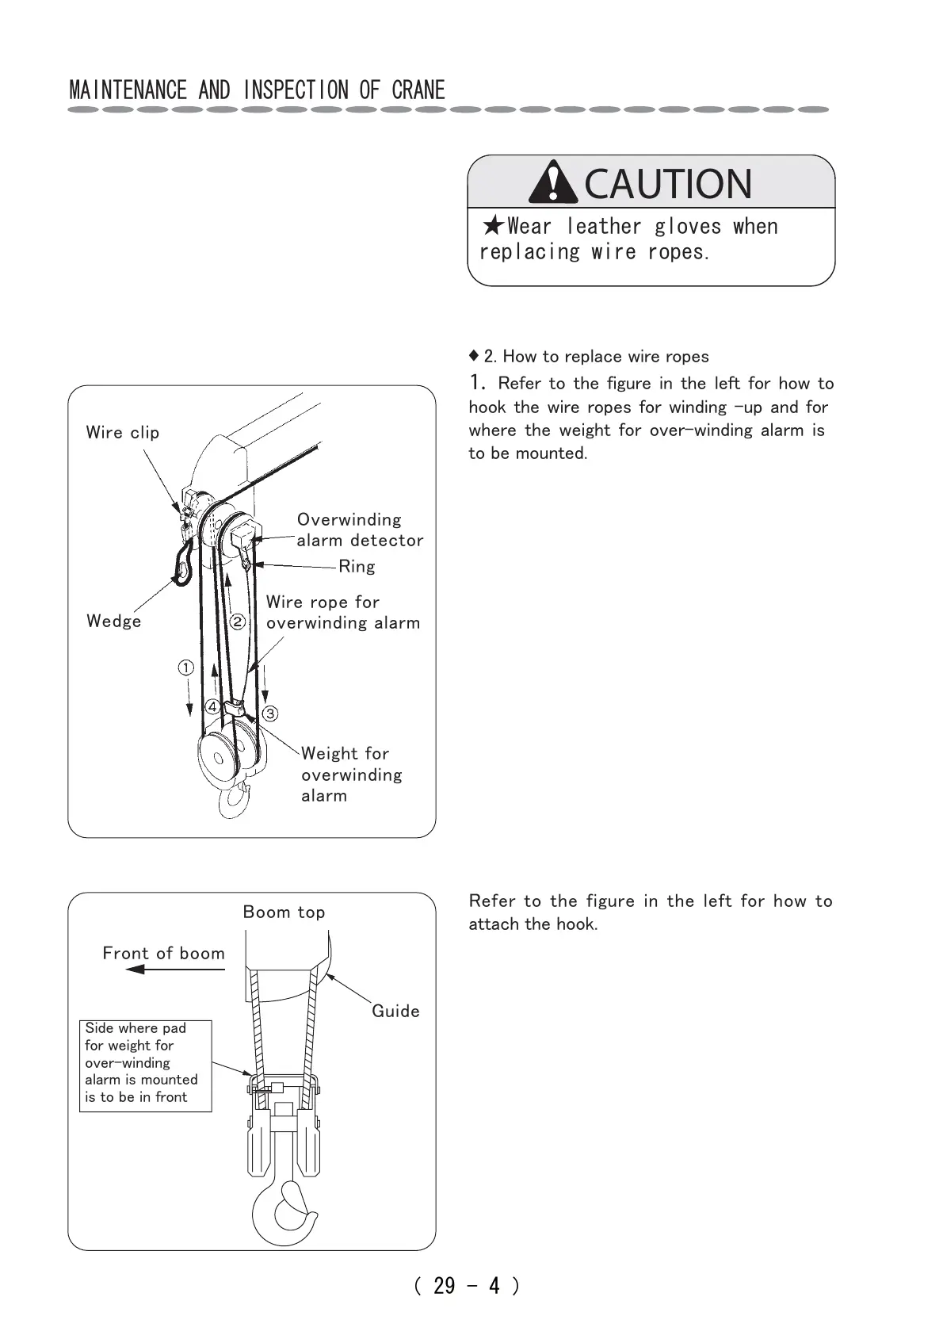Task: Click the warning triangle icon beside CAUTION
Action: click(x=552, y=182)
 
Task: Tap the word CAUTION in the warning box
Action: click(x=667, y=184)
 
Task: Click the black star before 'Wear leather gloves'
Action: click(x=493, y=227)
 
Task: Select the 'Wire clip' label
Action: click(x=123, y=433)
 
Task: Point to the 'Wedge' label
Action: click(x=114, y=621)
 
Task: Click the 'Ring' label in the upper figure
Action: click(x=357, y=566)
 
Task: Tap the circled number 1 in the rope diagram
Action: click(x=185, y=667)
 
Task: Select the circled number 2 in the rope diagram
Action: click(x=237, y=622)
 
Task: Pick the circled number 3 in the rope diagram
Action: click(x=270, y=713)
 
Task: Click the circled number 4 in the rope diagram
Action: click(x=212, y=706)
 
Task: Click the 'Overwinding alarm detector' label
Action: click(x=360, y=530)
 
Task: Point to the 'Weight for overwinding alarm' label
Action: click(x=351, y=774)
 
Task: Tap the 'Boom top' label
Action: click(x=284, y=912)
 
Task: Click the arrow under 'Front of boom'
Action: click(x=174, y=969)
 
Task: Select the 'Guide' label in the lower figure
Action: click(x=395, y=1011)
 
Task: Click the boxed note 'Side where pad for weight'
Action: click(x=145, y=1065)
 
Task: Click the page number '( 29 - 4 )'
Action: click(x=467, y=1285)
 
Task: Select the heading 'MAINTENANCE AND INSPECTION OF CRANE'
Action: click(x=258, y=90)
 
